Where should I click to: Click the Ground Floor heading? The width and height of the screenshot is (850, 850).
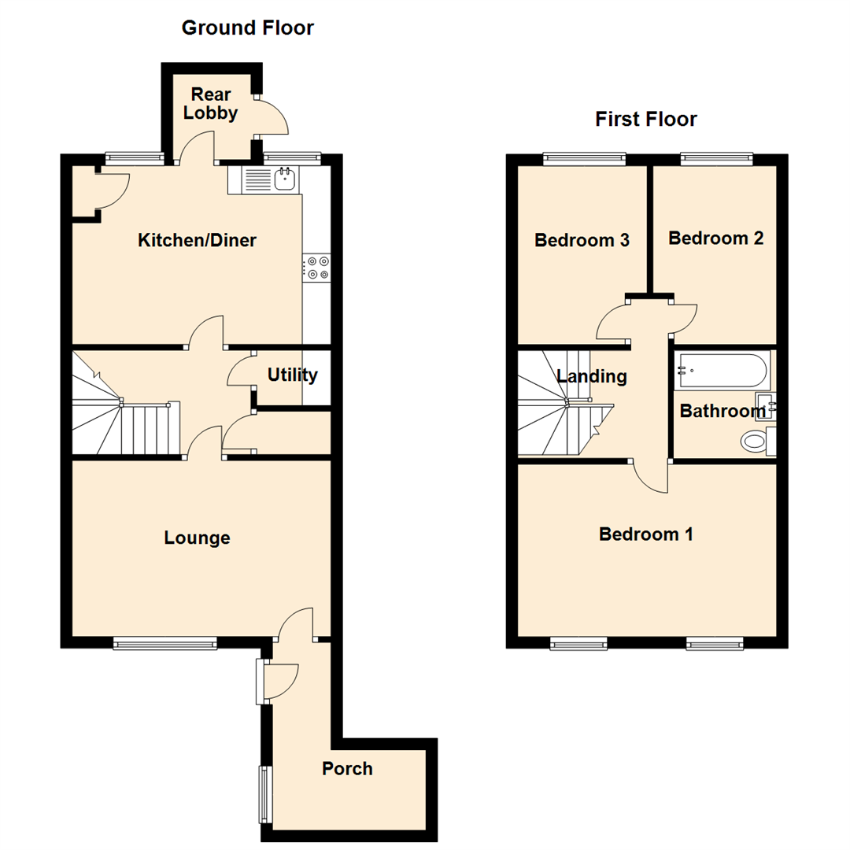(247, 28)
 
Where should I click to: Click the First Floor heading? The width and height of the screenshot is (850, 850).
(645, 120)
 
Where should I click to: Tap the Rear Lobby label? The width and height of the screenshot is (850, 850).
(209, 105)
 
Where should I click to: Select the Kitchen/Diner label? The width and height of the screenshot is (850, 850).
(197, 241)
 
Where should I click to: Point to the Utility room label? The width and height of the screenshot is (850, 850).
(292, 375)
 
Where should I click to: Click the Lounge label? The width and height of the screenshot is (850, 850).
(197, 538)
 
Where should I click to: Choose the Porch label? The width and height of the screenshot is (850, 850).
(347, 769)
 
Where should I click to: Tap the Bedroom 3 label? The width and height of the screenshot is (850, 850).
(582, 241)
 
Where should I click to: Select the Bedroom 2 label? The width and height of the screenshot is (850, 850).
(715, 238)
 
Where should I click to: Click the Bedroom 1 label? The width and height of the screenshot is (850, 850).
(645, 534)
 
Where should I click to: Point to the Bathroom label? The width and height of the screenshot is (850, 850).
(722, 411)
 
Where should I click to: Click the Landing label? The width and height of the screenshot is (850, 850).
(592, 377)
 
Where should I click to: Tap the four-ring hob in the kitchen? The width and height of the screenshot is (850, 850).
(318, 268)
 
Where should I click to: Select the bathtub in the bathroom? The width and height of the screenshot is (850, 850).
(719, 369)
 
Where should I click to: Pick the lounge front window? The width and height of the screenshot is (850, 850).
(164, 644)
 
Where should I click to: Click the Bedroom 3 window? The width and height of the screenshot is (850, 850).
(584, 158)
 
